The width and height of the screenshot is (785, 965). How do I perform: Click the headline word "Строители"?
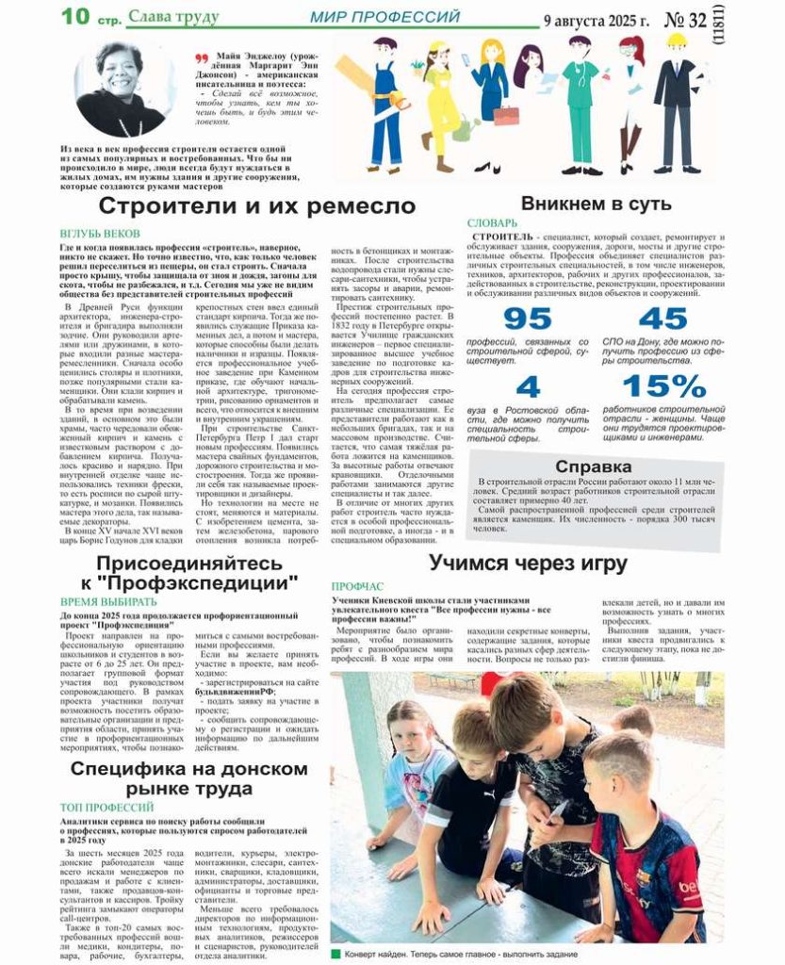(x=155, y=207)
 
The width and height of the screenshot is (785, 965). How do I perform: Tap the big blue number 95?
(x=527, y=319)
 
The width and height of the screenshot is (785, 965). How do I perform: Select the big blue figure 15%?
(x=663, y=386)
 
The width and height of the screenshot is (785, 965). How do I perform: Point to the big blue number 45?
(x=662, y=319)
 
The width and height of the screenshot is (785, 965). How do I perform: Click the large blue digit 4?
(x=528, y=386)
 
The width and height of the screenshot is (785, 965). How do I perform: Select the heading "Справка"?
(x=593, y=466)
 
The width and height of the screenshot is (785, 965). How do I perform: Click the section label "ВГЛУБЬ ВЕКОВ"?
(x=100, y=232)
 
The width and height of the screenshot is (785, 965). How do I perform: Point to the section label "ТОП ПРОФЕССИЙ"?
(x=106, y=808)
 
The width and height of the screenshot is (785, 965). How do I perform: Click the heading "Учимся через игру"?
(x=528, y=564)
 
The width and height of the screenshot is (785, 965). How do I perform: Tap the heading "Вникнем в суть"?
(x=596, y=204)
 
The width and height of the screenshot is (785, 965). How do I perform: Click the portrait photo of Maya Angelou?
(x=120, y=89)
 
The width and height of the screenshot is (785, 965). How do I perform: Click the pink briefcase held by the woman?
(x=506, y=115)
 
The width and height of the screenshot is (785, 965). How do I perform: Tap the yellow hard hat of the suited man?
(x=676, y=41)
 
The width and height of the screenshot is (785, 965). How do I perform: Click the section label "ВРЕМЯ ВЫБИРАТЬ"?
(x=108, y=600)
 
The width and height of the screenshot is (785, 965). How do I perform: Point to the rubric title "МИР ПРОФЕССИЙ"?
(x=385, y=17)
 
